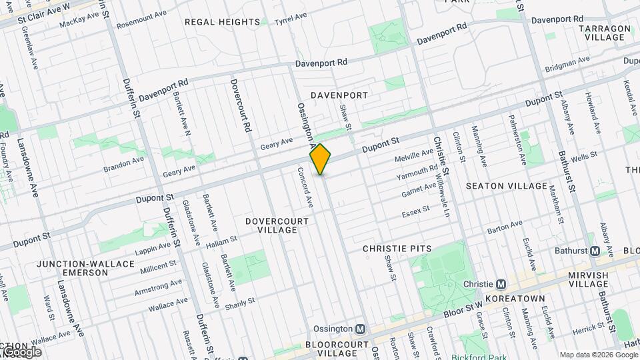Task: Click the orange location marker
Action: click(x=321, y=159)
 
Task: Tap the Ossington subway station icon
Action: click(x=360, y=329)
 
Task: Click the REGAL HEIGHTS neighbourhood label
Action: click(x=222, y=22)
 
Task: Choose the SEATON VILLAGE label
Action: click(x=507, y=186)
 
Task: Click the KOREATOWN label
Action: click(x=515, y=299)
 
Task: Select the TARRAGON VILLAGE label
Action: click(x=605, y=33)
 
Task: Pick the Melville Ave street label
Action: click(x=414, y=157)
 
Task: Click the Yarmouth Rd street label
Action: click(x=416, y=173)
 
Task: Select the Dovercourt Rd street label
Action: click(x=240, y=105)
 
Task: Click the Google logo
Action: click(x=21, y=352)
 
